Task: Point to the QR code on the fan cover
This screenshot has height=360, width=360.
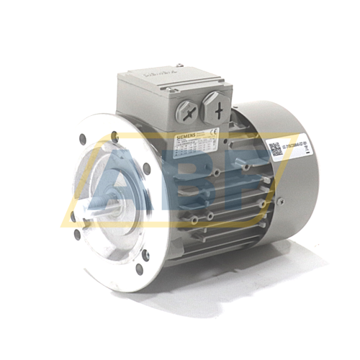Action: [276, 149]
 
